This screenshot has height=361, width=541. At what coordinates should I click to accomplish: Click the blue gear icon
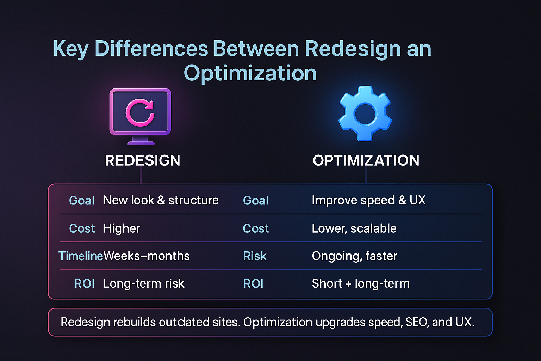click(x=365, y=114)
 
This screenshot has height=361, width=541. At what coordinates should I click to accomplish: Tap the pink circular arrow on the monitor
click(x=140, y=112)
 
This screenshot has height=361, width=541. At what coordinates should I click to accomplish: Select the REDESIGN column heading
click(x=143, y=160)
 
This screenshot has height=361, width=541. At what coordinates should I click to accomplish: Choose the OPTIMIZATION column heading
click(x=366, y=160)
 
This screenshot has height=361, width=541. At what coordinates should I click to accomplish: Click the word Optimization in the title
click(x=250, y=73)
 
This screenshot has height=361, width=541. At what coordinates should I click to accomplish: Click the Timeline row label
click(x=80, y=256)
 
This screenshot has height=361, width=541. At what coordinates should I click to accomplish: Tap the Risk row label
click(x=255, y=256)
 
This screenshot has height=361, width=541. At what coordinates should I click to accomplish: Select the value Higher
click(x=122, y=228)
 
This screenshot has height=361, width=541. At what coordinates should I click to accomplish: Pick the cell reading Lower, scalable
click(x=354, y=228)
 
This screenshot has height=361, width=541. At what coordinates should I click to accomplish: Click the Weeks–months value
click(x=146, y=256)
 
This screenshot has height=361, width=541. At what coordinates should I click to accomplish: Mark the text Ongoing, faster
click(x=354, y=256)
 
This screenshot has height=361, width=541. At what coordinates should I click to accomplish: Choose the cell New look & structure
click(x=161, y=200)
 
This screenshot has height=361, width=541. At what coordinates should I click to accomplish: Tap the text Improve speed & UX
click(x=368, y=200)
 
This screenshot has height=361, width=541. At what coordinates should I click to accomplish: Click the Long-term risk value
click(x=144, y=283)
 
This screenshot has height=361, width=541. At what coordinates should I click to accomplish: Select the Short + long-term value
click(x=361, y=283)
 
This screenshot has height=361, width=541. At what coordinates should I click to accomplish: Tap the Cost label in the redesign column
click(x=82, y=228)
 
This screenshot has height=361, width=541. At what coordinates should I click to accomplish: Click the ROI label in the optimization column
click(x=253, y=283)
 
